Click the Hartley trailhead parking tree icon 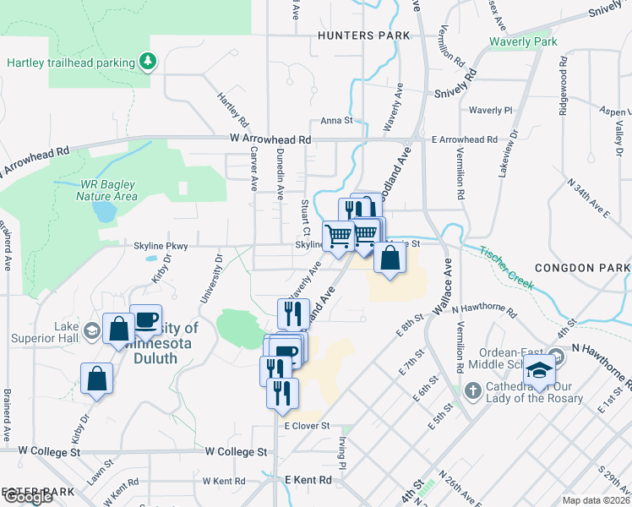[148, 62]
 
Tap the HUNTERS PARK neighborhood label [363, 35]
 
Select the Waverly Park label [524, 41]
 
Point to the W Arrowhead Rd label [270, 139]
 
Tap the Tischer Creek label [507, 268]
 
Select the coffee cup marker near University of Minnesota [145, 319]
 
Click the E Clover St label [306, 427]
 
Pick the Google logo [27, 496]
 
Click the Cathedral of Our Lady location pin [474, 390]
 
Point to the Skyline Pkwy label [159, 245]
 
